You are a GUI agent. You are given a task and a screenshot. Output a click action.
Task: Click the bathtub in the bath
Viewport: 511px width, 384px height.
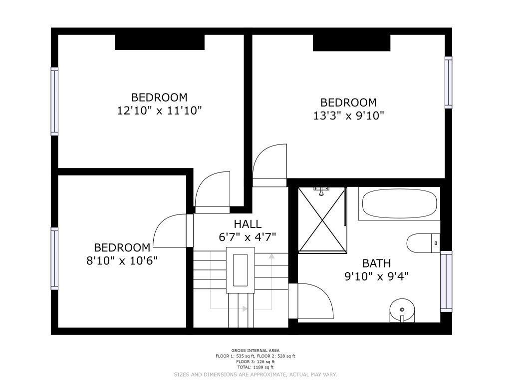coord(399,203)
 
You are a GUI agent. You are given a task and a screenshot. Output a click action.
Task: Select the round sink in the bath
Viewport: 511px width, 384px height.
coord(402,310)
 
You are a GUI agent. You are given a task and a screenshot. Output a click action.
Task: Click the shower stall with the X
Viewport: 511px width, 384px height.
coord(322,220)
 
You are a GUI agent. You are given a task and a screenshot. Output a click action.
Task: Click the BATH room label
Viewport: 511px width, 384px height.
coord(376,263)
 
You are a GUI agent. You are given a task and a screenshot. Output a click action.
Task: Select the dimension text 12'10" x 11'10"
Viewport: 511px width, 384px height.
coord(159,110)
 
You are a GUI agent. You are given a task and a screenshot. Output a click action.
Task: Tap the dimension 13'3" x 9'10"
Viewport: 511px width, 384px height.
coord(349,115)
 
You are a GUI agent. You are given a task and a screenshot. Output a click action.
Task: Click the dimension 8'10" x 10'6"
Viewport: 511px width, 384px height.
coord(122,261)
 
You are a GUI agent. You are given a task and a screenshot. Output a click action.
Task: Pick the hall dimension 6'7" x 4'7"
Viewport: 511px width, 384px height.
coord(248,237)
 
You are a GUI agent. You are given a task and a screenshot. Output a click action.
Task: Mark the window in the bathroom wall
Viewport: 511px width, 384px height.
coord(446,281)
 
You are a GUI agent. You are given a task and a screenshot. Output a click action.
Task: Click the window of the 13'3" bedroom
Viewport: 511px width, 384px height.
coord(449,82)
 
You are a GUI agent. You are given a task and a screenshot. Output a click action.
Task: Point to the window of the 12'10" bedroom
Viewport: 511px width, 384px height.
coord(54,101)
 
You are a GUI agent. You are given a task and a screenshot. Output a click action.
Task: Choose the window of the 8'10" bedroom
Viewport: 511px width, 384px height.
coord(54,258)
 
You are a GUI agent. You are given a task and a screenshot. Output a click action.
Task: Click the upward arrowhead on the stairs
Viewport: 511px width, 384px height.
coord(271,256)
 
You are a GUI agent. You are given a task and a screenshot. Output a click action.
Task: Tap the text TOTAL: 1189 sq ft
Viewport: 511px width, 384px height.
coord(255,367)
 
